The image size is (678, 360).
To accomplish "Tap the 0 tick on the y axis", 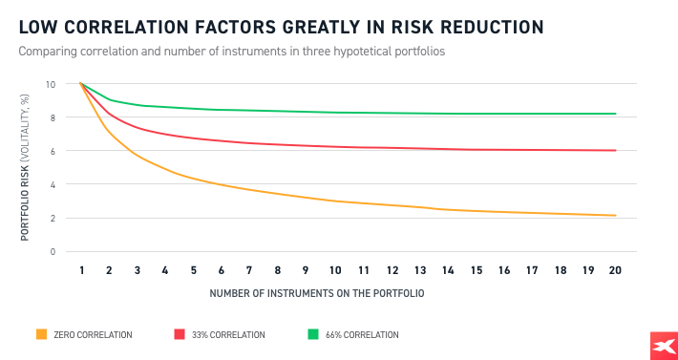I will pyautogui.click(x=53, y=251).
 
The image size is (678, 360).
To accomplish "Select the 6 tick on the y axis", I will pyautogui.click(x=53, y=151).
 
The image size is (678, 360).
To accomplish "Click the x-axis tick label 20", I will pyautogui.click(x=615, y=271).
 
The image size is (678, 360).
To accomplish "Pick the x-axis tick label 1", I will pyautogui.click(x=82, y=271).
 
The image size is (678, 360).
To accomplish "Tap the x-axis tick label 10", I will pyautogui.click(x=335, y=271).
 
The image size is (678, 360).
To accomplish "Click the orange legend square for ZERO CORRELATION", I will pyautogui.click(x=41, y=334).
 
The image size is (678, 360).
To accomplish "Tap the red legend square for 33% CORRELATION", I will pyautogui.click(x=179, y=334).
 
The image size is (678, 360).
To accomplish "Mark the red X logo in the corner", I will pyautogui.click(x=662, y=347).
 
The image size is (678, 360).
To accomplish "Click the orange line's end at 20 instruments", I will pyautogui.click(x=615, y=216).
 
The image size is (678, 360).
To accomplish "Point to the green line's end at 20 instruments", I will pyautogui.click(x=615, y=114).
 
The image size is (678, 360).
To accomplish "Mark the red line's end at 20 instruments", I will pyautogui.click(x=615, y=150).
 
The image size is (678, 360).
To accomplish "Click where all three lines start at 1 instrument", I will pyautogui.click(x=82, y=84).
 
